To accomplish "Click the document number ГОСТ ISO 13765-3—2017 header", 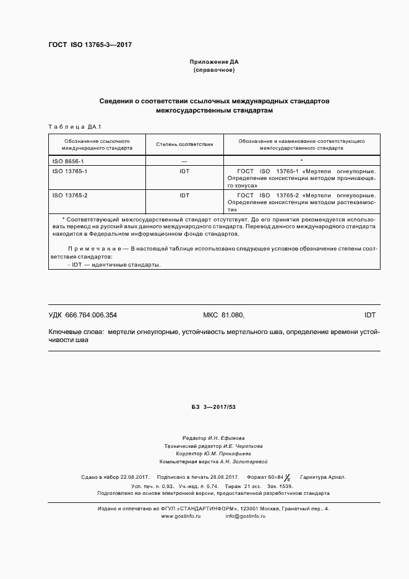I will pyautogui.click(x=90, y=45).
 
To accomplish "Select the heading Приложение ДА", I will pyautogui.click(x=213, y=62).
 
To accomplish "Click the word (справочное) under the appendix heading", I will pyautogui.click(x=213, y=70).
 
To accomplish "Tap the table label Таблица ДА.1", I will pyautogui.click(x=70, y=127).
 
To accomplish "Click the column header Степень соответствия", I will pyautogui.click(x=184, y=145).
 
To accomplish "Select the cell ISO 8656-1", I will pyautogui.click(x=68, y=161).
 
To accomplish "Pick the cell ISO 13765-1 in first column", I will pyautogui.click(x=70, y=170).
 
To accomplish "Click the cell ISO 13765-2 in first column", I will pyautogui.click(x=70, y=195).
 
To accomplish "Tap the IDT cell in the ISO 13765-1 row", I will pyautogui.click(x=184, y=170).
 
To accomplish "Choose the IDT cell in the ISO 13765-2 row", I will pyautogui.click(x=184, y=195).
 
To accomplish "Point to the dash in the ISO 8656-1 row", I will pyautogui.click(x=184, y=161).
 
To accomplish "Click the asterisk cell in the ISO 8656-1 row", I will pyautogui.click(x=301, y=161).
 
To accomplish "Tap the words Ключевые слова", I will pyautogui.click(x=75, y=332).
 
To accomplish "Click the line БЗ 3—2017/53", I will pyautogui.click(x=213, y=406).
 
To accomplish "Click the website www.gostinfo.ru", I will pyautogui.click(x=181, y=515).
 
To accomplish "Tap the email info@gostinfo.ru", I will pyautogui.click(x=246, y=515).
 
